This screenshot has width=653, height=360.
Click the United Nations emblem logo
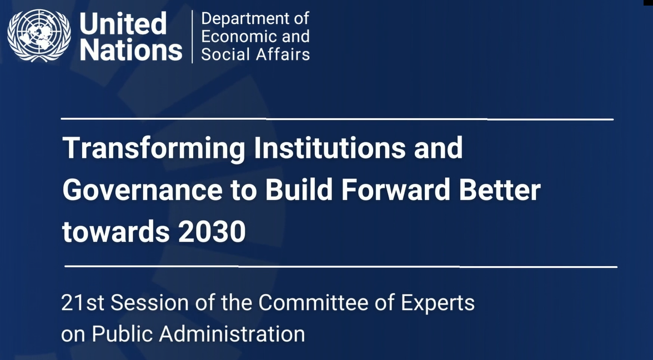coord(39,36)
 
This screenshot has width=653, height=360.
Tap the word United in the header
coord(123,23)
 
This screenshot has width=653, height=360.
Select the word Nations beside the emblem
coord(131,49)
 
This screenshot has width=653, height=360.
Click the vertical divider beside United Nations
coord(192,37)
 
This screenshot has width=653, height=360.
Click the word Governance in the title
coord(142,190)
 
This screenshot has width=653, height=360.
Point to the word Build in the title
coord(299,189)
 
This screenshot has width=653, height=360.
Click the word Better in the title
coord(500,189)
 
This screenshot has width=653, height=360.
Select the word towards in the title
coord(115,232)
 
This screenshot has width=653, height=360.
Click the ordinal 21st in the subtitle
coord(82,303)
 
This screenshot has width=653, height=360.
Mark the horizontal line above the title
coord(338,119)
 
